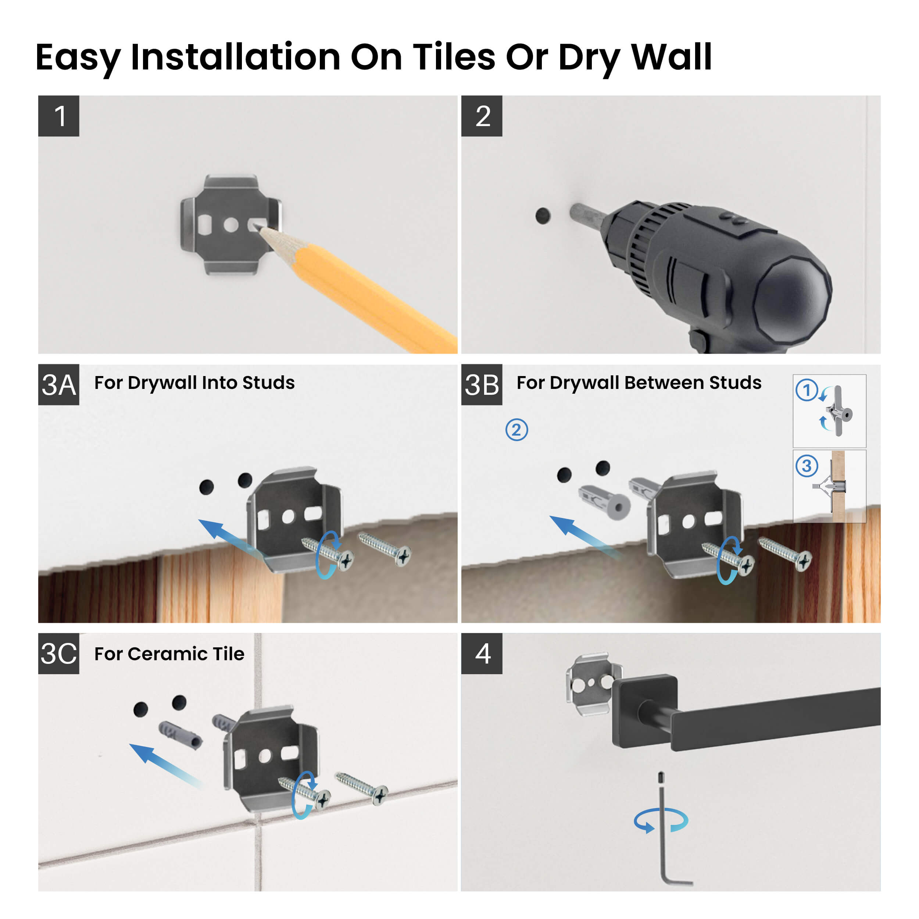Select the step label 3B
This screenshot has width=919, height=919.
click(x=482, y=385)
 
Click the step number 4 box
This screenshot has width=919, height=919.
click(x=482, y=653)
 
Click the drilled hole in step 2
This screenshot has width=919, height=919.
click(x=543, y=215)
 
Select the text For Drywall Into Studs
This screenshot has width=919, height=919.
click(x=194, y=382)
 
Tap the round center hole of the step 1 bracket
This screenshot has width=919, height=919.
click(x=231, y=225)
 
